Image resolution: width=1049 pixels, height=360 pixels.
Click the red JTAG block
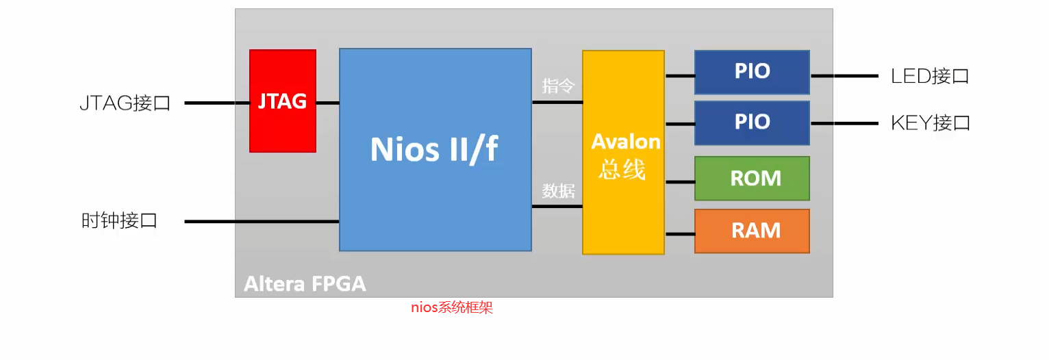coord(282,101)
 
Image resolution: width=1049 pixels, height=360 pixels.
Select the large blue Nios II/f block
coord(435,149)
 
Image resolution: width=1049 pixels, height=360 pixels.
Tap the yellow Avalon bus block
coord(623,153)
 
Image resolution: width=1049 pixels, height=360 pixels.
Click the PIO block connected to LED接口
coord(752,72)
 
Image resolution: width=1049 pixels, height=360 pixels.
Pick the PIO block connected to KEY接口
coord(752,123)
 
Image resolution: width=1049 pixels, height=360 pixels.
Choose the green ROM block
coord(752,178)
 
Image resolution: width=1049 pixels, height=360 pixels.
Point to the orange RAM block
coord(752,231)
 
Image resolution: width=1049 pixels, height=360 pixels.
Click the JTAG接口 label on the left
coord(125,103)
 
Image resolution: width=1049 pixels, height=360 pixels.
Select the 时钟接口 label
coord(119,220)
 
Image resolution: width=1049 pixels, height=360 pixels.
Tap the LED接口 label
coord(930,75)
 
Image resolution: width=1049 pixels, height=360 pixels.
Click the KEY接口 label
coord(930,123)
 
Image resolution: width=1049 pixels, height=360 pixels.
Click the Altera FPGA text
coord(305,283)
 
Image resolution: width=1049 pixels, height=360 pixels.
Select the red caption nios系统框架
coord(451,307)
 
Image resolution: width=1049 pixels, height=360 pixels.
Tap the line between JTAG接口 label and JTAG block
coord(216,103)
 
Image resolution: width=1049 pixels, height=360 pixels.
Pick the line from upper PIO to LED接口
coord(844,76)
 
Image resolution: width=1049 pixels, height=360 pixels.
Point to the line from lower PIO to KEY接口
coord(844,124)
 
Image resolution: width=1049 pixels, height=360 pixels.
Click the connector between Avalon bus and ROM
coord(679,181)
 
